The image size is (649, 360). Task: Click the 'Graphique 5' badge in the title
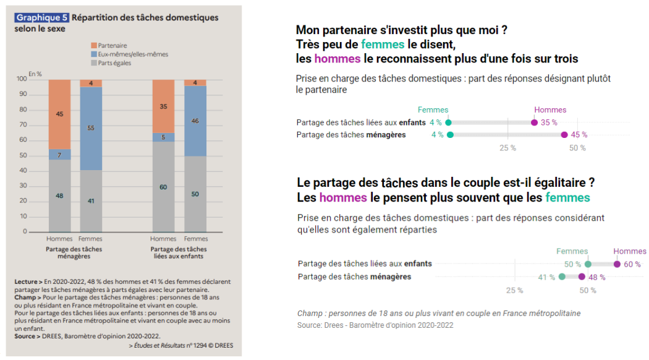click(x=42, y=18)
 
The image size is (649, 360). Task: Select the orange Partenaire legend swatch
click(x=93, y=45)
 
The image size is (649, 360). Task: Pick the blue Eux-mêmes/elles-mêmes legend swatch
click(x=93, y=54)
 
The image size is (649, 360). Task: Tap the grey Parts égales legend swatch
click(x=93, y=62)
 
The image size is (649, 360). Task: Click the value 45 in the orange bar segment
click(x=59, y=114)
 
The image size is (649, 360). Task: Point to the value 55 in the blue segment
click(x=91, y=127)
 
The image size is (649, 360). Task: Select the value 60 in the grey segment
click(x=163, y=187)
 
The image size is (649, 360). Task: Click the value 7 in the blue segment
click(x=59, y=154)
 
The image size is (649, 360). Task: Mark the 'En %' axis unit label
click(x=35, y=74)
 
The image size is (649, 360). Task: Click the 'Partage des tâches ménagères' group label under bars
click(x=74, y=252)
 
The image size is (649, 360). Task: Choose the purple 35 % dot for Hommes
click(x=535, y=122)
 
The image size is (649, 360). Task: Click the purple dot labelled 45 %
click(x=564, y=135)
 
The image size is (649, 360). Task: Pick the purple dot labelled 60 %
click(x=617, y=264)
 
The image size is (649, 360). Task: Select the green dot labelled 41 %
click(x=562, y=277)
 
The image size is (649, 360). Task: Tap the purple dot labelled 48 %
click(x=582, y=277)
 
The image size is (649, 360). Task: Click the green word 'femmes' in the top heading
click(x=383, y=45)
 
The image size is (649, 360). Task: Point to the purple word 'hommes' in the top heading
click(x=337, y=59)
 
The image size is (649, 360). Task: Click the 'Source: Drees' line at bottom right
click(x=375, y=325)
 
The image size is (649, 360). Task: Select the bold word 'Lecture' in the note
click(x=27, y=281)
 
